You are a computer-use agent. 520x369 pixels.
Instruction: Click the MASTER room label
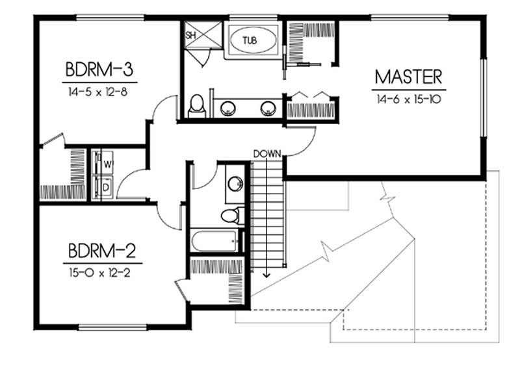coord(409,77)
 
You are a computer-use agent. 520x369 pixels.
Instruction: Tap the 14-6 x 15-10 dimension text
coord(409,99)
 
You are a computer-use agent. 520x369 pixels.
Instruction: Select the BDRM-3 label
coord(103,69)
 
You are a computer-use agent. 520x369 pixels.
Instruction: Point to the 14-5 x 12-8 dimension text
coord(103,93)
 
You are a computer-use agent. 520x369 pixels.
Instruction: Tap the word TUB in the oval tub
coord(250,40)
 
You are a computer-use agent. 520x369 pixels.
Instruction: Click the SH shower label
coord(192,35)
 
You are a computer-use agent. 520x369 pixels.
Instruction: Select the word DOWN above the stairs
coord(266,154)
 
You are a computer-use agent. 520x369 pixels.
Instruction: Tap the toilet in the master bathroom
coord(197,106)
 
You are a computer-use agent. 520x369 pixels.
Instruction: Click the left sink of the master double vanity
coord(229,108)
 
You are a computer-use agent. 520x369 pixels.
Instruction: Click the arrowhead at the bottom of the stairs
coord(266,274)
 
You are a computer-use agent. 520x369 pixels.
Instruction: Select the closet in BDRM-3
coord(63,174)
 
